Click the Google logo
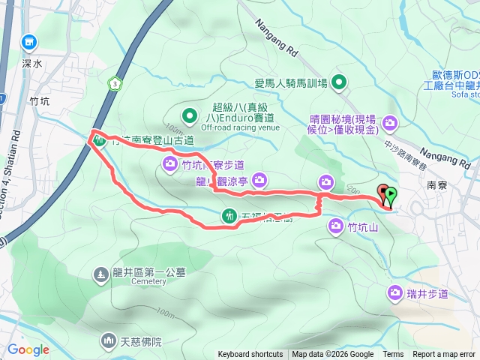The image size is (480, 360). click(x=28, y=349)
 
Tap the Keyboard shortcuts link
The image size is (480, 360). click(x=250, y=355)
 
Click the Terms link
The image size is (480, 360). click(x=393, y=355)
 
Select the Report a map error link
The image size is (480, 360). click(x=445, y=355)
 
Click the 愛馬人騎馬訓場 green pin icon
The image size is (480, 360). click(x=339, y=82)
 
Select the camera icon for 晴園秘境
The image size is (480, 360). click(x=390, y=122)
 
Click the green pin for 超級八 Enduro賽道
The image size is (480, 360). click(x=190, y=116)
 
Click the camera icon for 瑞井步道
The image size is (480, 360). click(x=395, y=293)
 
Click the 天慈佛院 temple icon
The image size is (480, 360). click(x=106, y=341)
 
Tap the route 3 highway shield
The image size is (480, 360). click(x=113, y=82)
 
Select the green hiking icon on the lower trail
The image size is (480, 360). click(x=229, y=217)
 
